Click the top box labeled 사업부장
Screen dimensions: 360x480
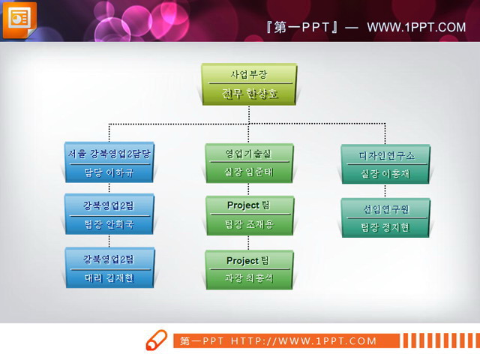(x=249, y=74)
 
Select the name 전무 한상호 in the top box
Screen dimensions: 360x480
(x=249, y=94)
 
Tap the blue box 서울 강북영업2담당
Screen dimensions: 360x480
(x=109, y=154)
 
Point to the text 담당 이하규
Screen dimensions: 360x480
(x=109, y=172)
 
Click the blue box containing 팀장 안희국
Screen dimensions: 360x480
(x=109, y=214)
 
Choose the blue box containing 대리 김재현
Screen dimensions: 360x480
(x=109, y=268)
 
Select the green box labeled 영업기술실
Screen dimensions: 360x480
(x=249, y=154)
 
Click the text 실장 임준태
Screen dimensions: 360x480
(x=249, y=172)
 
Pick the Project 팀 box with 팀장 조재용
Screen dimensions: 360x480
(x=249, y=214)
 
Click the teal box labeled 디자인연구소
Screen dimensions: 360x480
(x=385, y=155)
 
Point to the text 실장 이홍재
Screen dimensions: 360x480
(x=385, y=174)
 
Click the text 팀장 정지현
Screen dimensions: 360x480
(x=385, y=227)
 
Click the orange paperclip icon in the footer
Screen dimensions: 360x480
(x=156, y=340)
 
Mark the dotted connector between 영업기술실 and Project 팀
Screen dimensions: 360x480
(x=249, y=189)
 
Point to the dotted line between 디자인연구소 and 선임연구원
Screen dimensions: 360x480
(x=385, y=190)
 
